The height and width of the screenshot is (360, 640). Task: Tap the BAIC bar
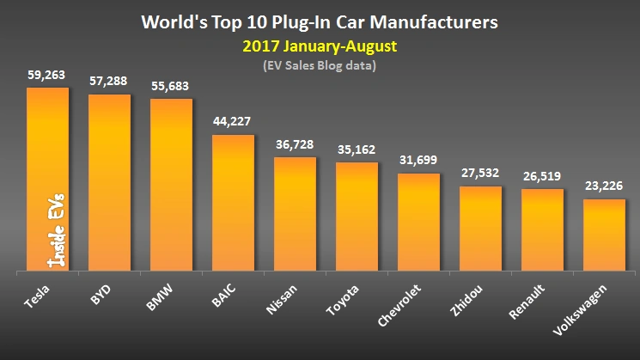tap(233, 203)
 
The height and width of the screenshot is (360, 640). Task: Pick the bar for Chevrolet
tap(418, 223)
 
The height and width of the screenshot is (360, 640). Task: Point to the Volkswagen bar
tap(604, 235)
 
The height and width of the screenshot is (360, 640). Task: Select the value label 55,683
tap(171, 87)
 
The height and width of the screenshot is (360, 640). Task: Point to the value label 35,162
tap(357, 149)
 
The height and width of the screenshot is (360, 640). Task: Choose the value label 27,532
tap(480, 174)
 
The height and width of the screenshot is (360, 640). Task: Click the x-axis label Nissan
tap(286, 296)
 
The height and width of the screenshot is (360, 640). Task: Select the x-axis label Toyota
tap(347, 296)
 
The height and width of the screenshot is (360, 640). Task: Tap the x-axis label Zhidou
tap(471, 296)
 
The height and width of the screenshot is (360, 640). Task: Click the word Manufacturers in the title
tap(429, 19)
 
